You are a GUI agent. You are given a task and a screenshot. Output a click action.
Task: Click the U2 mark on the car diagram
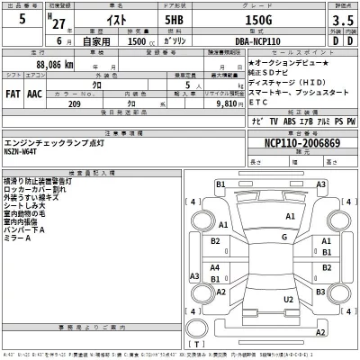[289, 298]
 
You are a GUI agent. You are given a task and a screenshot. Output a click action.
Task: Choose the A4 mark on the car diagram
[215, 267]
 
